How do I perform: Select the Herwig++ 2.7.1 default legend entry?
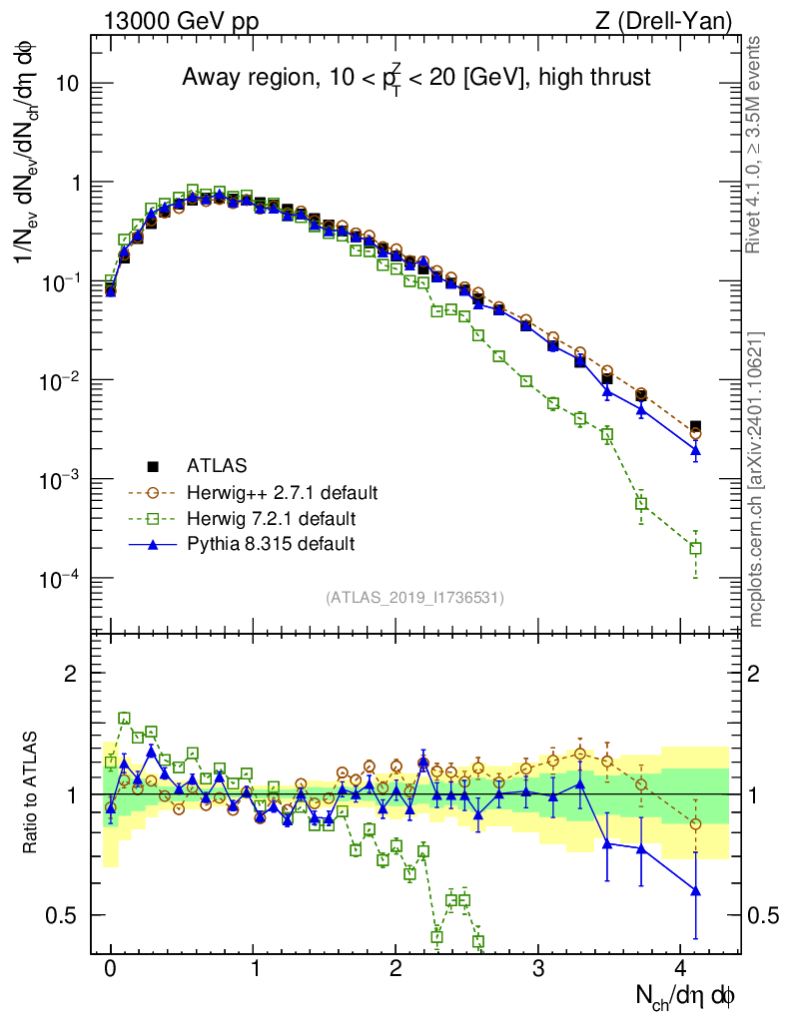[282, 492]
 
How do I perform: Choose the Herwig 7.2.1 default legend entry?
[272, 518]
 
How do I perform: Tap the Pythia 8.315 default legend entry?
[270, 544]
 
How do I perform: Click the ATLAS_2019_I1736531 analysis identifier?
[414, 598]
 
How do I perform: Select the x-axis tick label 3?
[538, 969]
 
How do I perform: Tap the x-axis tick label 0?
[111, 969]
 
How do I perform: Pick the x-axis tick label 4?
[681, 969]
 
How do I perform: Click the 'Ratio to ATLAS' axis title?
[34, 793]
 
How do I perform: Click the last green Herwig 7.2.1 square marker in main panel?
[695, 548]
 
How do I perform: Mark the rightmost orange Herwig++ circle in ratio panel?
[695, 823]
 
